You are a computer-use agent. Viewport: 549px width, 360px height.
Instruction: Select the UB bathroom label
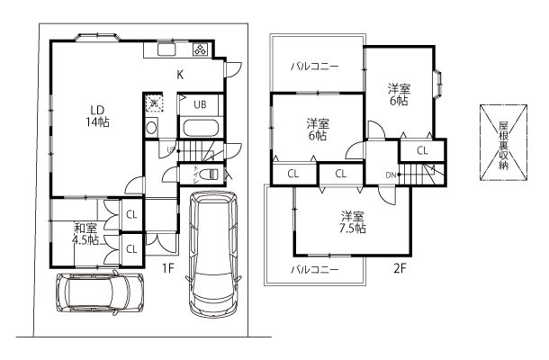pyautogui.click(x=199, y=104)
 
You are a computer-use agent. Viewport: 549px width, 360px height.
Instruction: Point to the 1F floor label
pyautogui.click(x=166, y=268)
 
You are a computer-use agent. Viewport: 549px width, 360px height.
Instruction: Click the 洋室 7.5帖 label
pyautogui.click(x=352, y=222)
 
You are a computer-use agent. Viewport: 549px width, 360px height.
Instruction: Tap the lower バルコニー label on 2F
pyautogui.click(x=314, y=269)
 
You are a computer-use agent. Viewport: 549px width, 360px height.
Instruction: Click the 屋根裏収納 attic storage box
pyautogui.click(x=503, y=140)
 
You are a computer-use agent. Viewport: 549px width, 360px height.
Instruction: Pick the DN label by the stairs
pyautogui.click(x=391, y=174)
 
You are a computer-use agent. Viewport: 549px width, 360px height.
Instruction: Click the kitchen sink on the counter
pyautogui.click(x=168, y=51)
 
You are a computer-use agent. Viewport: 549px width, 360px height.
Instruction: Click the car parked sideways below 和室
pyautogui.click(x=100, y=292)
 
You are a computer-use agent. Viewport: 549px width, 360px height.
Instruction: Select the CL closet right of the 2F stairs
pyautogui.click(x=422, y=150)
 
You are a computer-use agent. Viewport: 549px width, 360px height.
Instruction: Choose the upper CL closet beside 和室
pyautogui.click(x=131, y=215)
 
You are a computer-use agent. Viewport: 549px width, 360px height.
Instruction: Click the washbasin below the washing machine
pyautogui.click(x=151, y=128)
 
